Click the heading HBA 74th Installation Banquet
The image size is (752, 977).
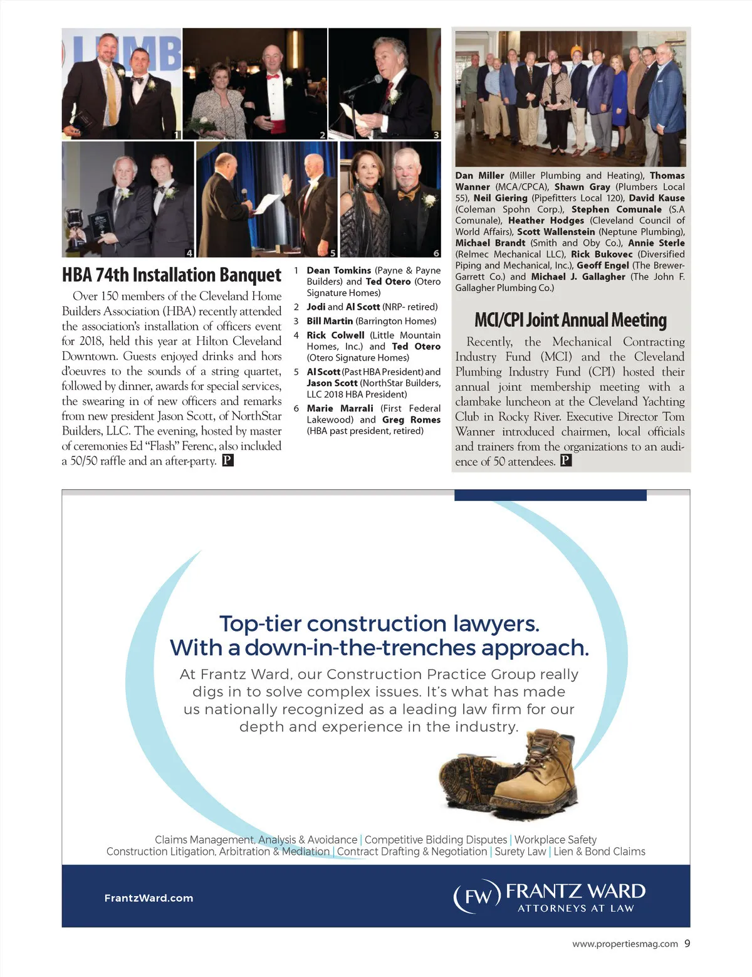tap(171, 275)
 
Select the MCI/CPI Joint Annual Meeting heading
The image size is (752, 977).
tap(570, 320)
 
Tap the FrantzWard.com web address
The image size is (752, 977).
tap(149, 898)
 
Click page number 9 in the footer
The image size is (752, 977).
tap(687, 943)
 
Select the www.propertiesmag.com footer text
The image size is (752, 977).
tap(625, 944)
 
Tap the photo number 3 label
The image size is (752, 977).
tap(436, 135)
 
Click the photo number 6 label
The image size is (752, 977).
tap(436, 253)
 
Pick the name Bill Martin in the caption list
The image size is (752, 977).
tap(330, 321)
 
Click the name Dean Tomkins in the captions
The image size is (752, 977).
tap(338, 270)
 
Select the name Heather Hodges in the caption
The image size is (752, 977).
tap(546, 221)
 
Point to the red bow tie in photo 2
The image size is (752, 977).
tap(273, 78)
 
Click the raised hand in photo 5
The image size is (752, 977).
tap(287, 184)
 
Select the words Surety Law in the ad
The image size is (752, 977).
tap(520, 852)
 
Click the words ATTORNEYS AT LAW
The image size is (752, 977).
tap(575, 908)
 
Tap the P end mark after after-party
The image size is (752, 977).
tap(228, 461)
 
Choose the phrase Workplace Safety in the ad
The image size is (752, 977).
tap(555, 840)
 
